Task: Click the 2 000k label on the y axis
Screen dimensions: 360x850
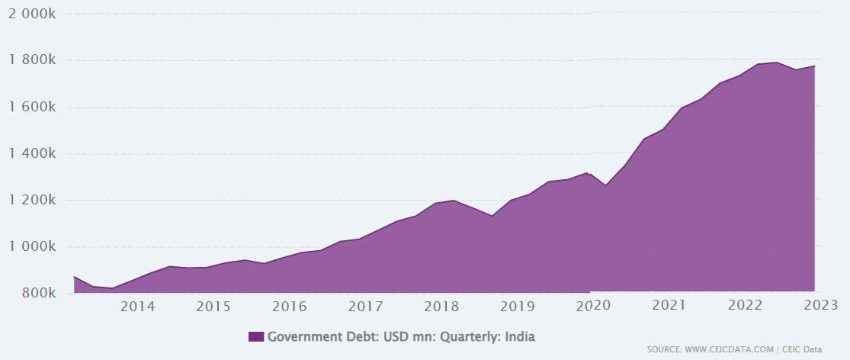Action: [32, 14]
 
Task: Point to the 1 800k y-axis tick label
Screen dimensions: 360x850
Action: [32, 60]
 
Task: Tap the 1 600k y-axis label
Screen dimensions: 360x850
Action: [32, 107]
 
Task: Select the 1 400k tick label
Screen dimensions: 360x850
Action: [32, 153]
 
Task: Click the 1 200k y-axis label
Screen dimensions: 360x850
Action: [32, 200]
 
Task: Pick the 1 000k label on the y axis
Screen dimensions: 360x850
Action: [32, 246]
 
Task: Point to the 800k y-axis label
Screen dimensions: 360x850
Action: [38, 293]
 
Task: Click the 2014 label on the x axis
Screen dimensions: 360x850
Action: [137, 306]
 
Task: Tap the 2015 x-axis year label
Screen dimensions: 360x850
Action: [213, 306]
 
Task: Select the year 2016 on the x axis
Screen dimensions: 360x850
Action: [290, 306]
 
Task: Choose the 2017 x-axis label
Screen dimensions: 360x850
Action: [365, 306]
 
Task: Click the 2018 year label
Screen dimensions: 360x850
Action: [441, 306]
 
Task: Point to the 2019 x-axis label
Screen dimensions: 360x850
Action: [518, 306]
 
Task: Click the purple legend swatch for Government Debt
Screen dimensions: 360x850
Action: [256, 336]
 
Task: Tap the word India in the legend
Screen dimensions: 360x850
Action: [521, 336]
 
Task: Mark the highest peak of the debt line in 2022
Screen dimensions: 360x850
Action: [777, 63]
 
